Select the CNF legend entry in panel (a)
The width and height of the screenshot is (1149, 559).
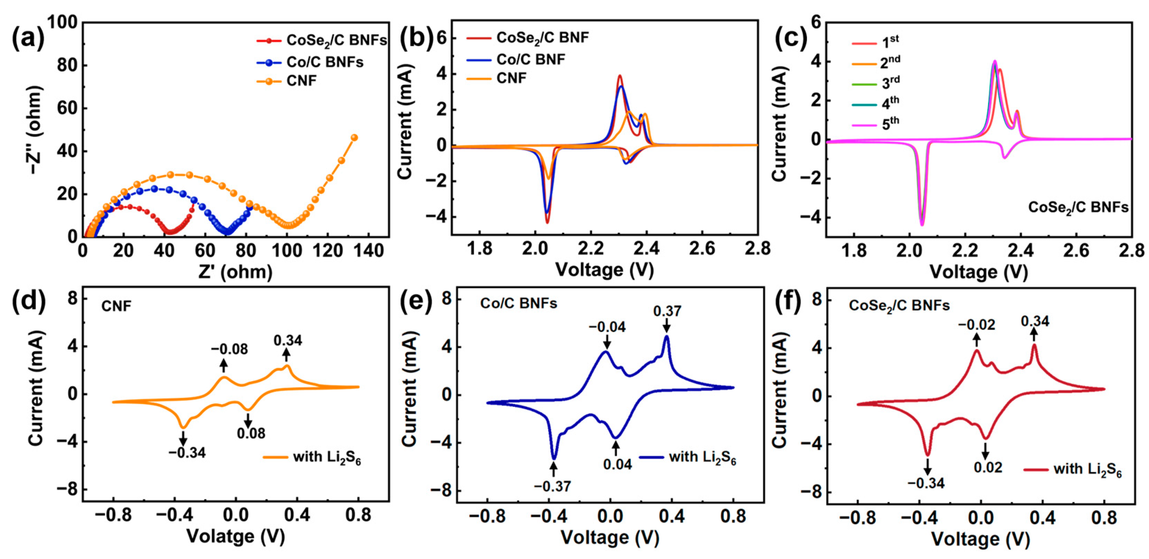[x=301, y=81]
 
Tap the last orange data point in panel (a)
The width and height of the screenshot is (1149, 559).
[x=354, y=138]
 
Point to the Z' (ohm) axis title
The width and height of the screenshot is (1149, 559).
[x=235, y=272]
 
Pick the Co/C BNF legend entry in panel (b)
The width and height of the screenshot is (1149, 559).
[x=530, y=59]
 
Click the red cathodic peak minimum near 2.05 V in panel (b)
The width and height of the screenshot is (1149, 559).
[x=547, y=222]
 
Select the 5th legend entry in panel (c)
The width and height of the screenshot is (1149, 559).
[x=890, y=124]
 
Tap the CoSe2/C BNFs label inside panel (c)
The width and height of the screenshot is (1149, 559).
[x=1078, y=208]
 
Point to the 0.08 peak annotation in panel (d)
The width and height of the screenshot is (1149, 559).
[x=251, y=433]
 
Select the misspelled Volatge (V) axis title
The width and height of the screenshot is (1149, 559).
[x=235, y=536]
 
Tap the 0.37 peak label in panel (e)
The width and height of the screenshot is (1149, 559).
[x=667, y=311]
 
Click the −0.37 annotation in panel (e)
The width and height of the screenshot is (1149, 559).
[x=552, y=486]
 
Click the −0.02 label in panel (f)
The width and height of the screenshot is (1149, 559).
[x=976, y=325]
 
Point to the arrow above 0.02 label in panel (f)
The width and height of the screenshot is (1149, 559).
[x=985, y=451]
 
